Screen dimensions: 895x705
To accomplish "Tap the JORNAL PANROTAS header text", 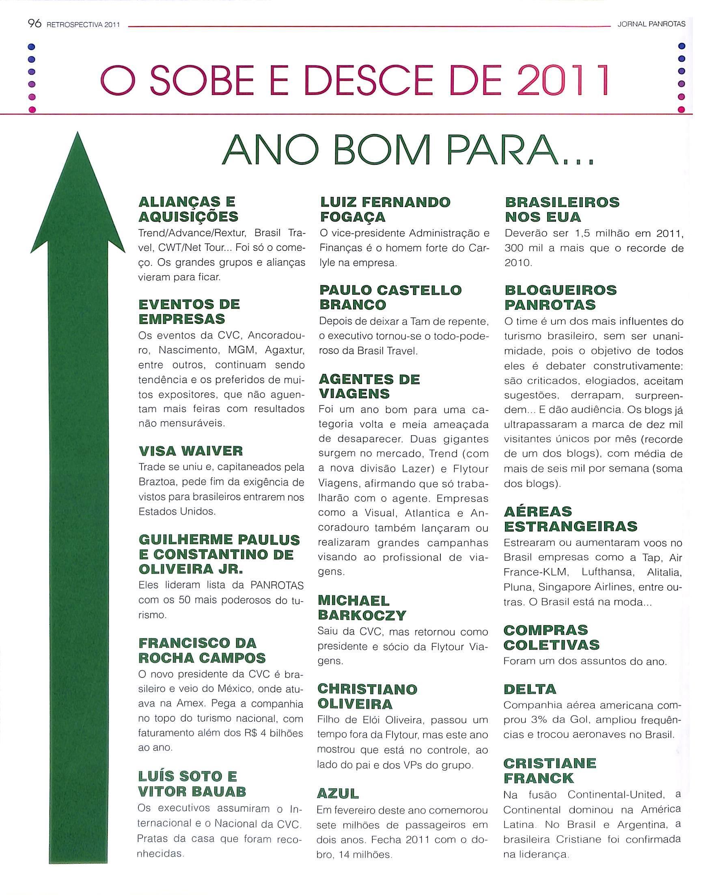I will [651, 24].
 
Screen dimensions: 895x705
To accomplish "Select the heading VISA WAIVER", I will [191, 451].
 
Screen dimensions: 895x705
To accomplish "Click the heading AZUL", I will [338, 793].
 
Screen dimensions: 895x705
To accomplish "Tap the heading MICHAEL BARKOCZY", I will [362, 608].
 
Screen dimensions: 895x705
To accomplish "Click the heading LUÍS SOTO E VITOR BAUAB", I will [192, 783].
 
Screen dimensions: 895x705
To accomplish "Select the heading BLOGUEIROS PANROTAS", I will [560, 297].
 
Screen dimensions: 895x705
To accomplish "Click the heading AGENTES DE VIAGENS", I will [369, 386].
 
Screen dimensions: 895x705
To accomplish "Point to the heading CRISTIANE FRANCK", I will [550, 770].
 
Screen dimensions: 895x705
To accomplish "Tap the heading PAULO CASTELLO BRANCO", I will [390, 297].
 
